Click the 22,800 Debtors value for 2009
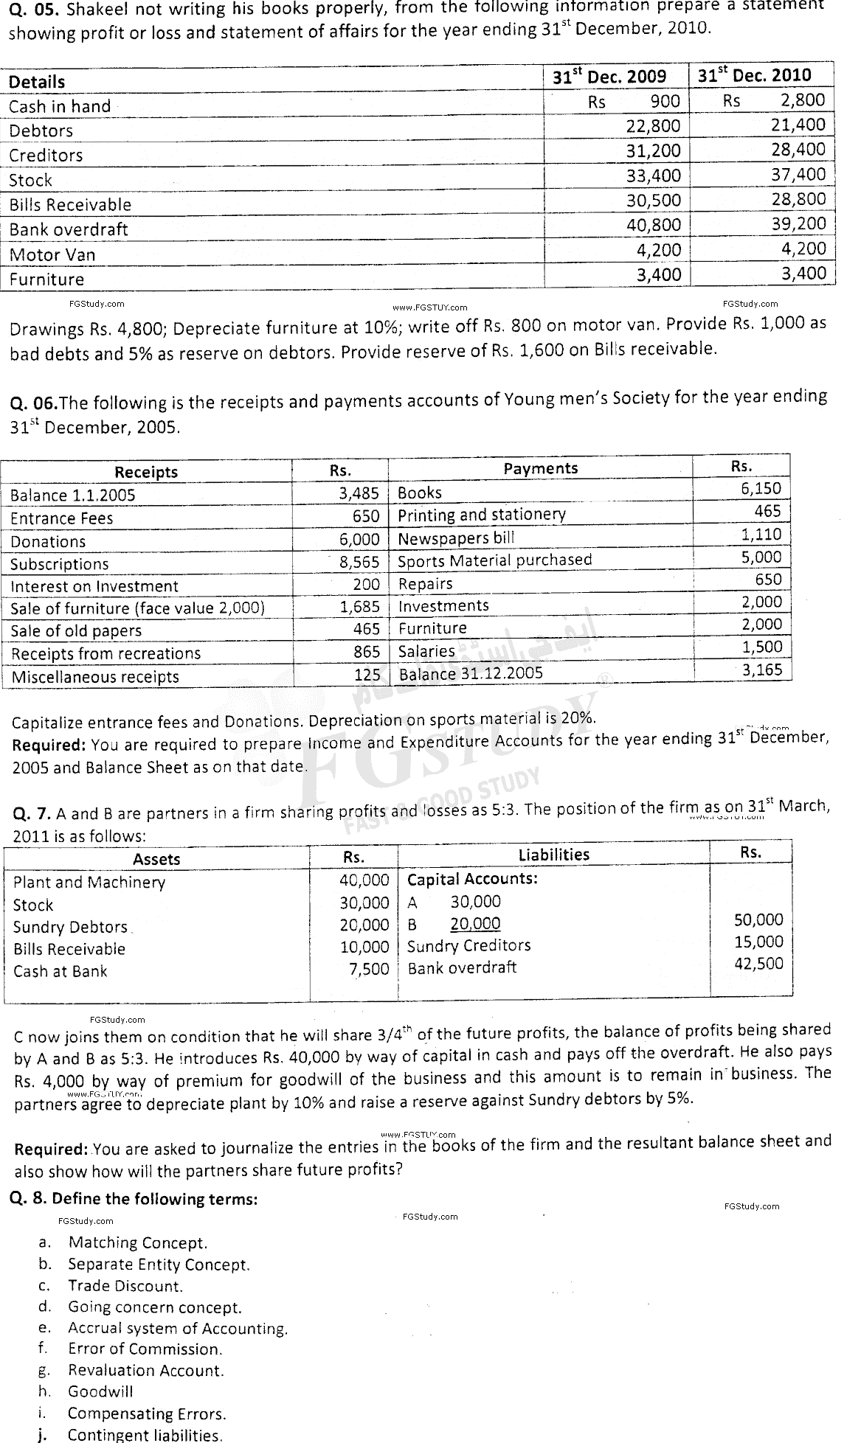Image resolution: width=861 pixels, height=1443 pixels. [653, 126]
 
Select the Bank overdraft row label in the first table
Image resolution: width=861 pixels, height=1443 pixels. [69, 229]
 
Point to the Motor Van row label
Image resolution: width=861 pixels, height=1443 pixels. [52, 254]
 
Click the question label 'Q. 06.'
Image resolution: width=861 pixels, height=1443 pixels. [32, 403]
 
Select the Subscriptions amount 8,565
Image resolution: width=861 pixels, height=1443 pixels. [359, 562]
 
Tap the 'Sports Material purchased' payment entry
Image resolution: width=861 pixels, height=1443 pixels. [494, 560]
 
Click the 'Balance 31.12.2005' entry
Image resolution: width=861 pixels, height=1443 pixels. [470, 673]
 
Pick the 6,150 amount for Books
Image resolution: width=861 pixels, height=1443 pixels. [761, 488]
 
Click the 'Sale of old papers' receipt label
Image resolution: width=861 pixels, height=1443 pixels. [76, 631]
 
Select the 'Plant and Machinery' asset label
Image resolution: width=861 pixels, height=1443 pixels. [89, 883]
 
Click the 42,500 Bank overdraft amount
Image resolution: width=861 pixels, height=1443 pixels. [758, 964]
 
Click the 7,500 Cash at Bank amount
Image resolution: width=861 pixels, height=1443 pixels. [368, 969]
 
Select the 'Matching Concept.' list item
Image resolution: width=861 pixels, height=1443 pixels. [138, 1243]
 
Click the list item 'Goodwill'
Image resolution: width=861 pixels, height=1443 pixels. [100, 1391]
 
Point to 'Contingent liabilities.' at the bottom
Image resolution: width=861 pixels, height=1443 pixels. [145, 1435]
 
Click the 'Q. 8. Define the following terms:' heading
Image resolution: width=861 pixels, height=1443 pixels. [134, 1199]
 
